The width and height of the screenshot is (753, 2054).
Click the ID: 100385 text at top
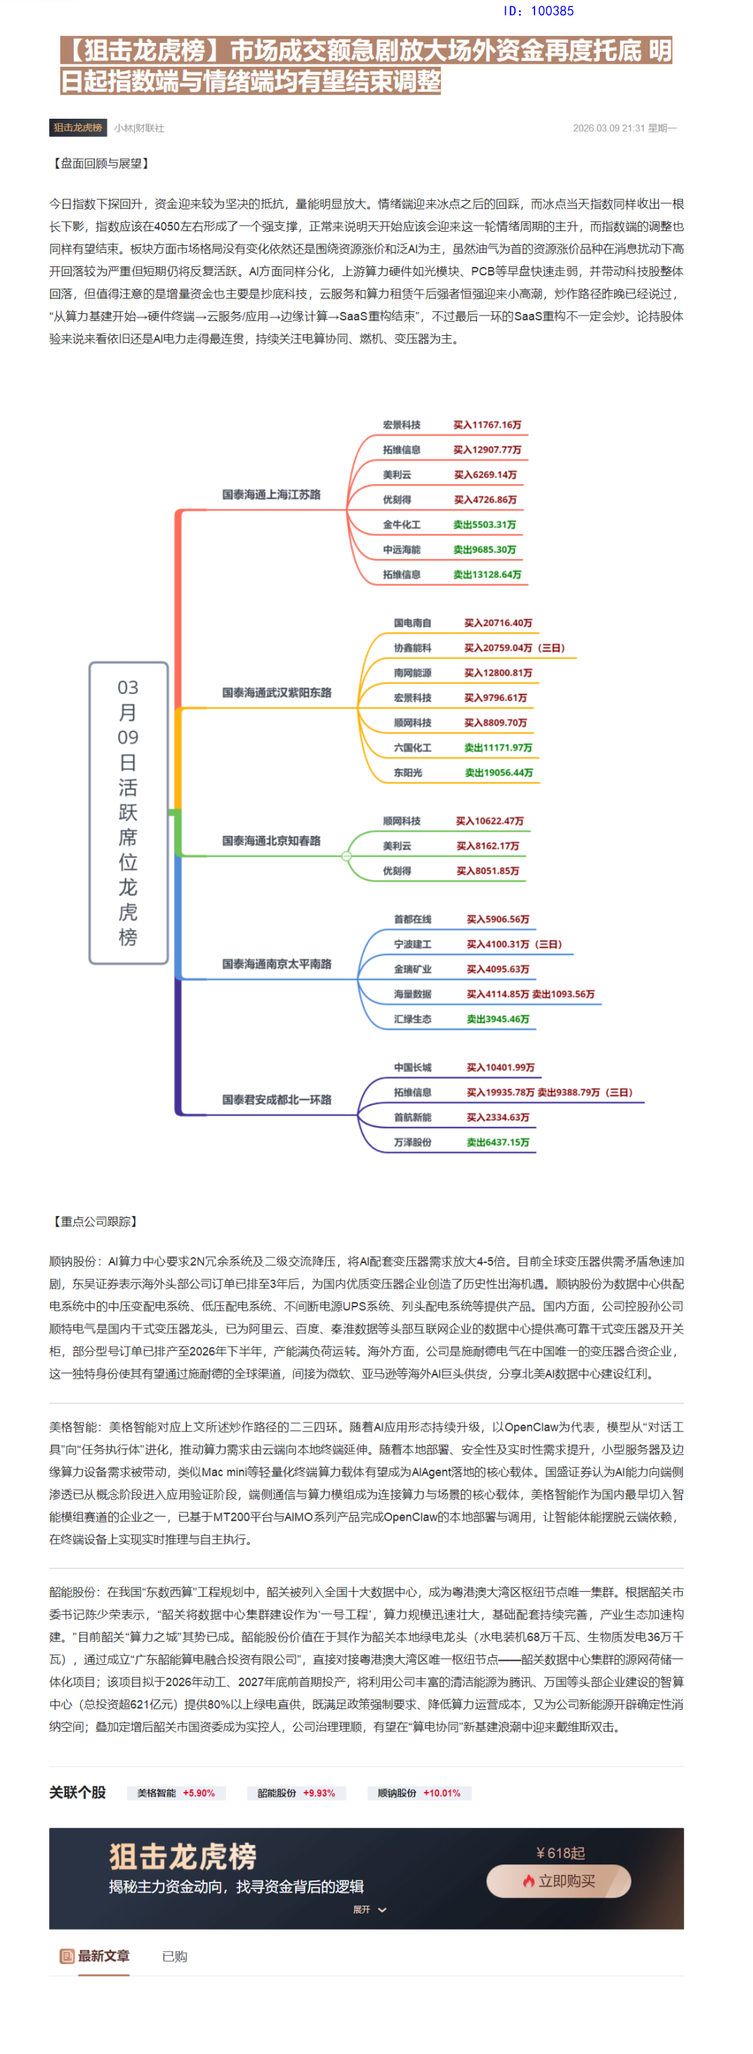pyautogui.click(x=539, y=11)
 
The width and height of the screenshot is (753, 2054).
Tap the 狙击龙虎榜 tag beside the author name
pyautogui.click(x=77, y=128)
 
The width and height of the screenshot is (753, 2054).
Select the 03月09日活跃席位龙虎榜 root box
pyautogui.click(x=129, y=813)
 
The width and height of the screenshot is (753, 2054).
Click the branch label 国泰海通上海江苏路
pyautogui.click(x=271, y=495)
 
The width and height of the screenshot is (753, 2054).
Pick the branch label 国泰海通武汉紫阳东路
pyautogui.click(x=276, y=693)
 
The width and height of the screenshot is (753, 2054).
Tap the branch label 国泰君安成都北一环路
pyautogui.click(x=276, y=1099)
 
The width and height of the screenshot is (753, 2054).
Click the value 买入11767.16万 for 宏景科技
pyautogui.click(x=487, y=425)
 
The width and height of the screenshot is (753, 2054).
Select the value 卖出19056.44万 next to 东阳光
pyautogui.click(x=499, y=773)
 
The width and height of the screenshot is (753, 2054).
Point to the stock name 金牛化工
pyautogui.click(x=401, y=525)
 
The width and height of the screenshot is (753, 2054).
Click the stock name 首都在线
pyautogui.click(x=412, y=920)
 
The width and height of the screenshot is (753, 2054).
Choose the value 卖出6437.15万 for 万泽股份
pyautogui.click(x=498, y=1143)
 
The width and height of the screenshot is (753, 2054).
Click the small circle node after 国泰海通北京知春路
pyautogui.click(x=346, y=856)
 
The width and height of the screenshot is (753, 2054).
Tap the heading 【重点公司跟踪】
pyautogui.click(x=95, y=1221)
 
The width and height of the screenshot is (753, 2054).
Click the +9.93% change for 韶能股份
pyautogui.click(x=318, y=1793)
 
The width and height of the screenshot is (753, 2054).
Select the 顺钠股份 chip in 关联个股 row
pyautogui.click(x=396, y=1793)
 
